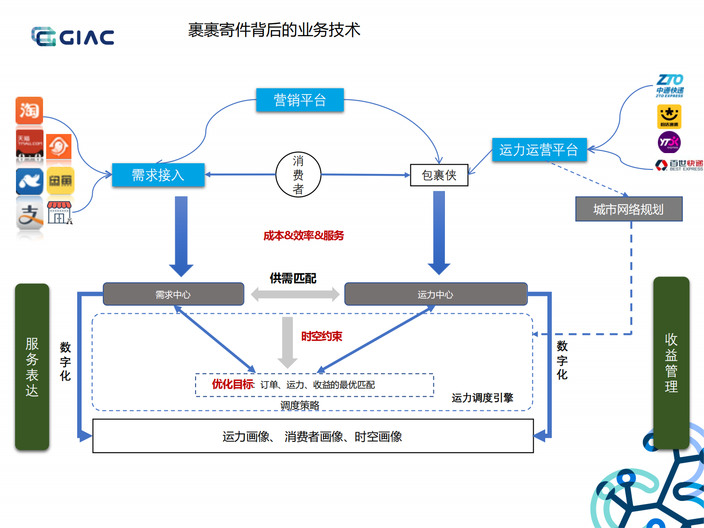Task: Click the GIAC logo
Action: (73, 36)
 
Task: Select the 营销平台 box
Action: (300, 100)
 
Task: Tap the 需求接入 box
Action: (158, 175)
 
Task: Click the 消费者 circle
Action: (298, 175)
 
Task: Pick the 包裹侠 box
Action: (439, 175)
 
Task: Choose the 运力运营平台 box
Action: (539, 150)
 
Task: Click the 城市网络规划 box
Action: (629, 209)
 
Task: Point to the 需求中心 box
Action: (173, 294)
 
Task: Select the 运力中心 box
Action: (436, 294)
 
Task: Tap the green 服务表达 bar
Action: (32, 366)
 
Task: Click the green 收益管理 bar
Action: (671, 363)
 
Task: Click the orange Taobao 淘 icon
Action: (29, 110)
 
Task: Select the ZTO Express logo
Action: (670, 85)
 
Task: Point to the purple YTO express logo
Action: (669, 142)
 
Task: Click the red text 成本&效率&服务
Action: (303, 236)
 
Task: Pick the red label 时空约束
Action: (322, 336)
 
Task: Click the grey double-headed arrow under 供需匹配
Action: (295, 294)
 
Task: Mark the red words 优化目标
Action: (232, 384)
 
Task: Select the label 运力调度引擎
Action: (482, 398)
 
